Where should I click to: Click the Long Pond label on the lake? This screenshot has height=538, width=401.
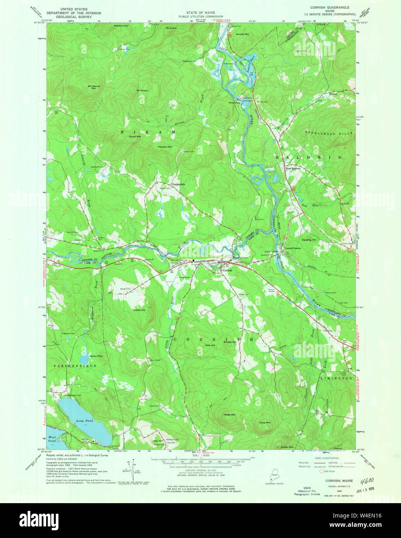tap(84, 421)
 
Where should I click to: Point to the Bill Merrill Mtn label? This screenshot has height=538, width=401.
tap(94, 87)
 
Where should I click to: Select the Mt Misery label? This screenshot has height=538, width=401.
tap(142, 91)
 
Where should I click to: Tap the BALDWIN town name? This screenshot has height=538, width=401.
tap(308, 158)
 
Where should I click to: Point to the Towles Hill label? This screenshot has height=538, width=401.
tap(138, 310)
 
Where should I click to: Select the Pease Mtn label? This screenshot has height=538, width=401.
tap(229, 415)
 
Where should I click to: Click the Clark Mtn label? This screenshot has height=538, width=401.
tap(265, 422)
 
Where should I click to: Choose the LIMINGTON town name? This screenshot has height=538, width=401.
tap(336, 378)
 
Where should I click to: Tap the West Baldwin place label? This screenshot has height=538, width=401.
tap(293, 168)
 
